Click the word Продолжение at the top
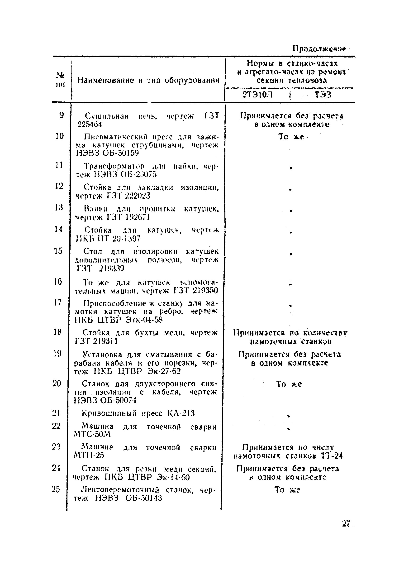[319, 48]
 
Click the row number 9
[62, 115]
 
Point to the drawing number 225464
[90, 125]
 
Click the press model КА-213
[181, 413]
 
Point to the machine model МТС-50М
[92, 434]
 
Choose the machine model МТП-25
[89, 455]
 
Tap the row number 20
[57, 383]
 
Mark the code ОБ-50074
[118, 400]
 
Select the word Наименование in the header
[106, 80]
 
